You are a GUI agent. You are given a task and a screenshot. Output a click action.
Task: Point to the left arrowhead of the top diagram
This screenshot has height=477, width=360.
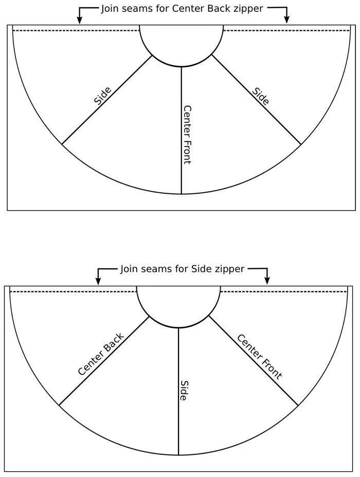(79, 20)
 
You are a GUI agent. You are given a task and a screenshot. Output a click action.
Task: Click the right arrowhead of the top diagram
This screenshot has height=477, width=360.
(287, 20)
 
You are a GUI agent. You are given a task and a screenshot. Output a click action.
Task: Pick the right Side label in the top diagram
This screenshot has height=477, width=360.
(261, 96)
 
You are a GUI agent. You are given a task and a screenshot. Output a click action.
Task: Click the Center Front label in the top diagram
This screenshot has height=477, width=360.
(187, 135)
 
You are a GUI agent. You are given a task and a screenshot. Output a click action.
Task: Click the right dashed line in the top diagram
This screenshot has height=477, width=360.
(286, 31)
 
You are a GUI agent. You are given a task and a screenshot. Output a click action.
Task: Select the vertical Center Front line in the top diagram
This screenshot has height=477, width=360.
(182, 170)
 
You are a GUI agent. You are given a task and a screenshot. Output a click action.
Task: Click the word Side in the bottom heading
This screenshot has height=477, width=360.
(202, 269)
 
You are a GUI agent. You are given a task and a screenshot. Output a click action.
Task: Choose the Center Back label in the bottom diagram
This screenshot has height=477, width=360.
(101, 355)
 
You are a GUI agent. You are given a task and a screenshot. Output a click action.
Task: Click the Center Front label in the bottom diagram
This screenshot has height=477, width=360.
(259, 356)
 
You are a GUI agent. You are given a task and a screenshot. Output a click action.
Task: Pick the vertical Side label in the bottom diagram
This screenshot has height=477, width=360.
(184, 391)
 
